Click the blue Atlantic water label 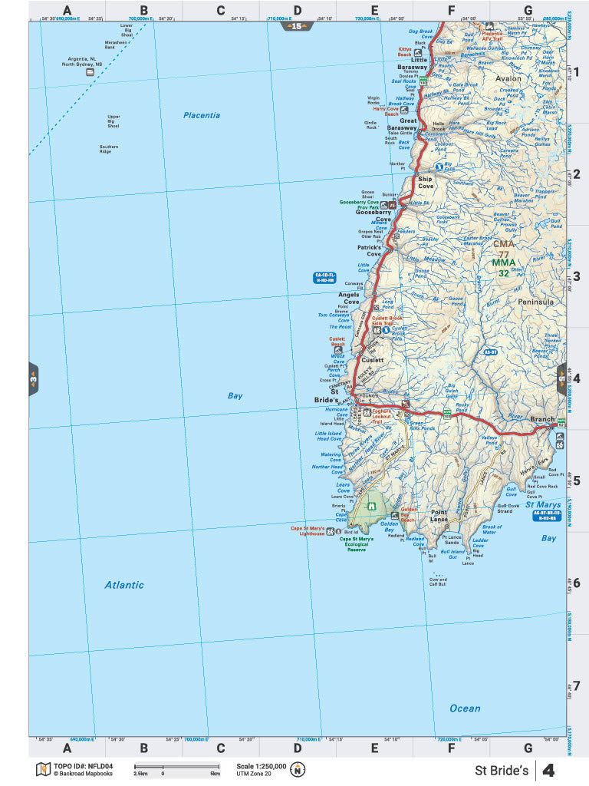pos(123,585)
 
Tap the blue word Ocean pos(465,708)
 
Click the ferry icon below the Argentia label pos(90,72)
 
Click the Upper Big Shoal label pos(114,121)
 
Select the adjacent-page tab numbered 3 pos(34,378)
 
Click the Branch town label pos(542,419)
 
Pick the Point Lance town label pos(439,516)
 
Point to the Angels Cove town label pos(350,299)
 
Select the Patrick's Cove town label pos(368,251)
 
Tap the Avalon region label pos(508,78)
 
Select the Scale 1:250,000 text pos(262,766)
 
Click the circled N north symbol pos(298,770)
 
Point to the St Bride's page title pos(501,770)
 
